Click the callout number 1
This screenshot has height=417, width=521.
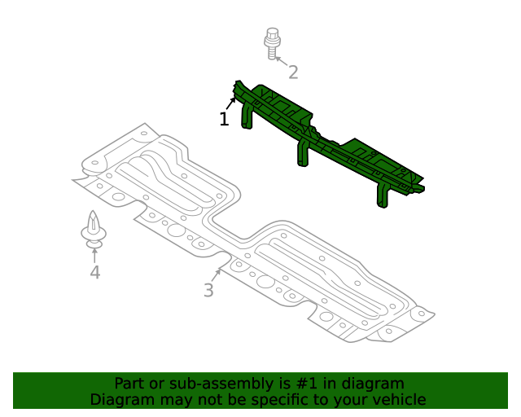tap(224, 120)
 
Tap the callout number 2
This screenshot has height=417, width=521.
tap(293, 72)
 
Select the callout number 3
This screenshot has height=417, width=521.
tap(208, 290)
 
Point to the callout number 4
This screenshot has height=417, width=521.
tap(95, 272)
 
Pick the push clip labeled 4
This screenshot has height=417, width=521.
tap(94, 230)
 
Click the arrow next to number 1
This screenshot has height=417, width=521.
tap(232, 103)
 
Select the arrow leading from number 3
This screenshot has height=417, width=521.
tap(216, 274)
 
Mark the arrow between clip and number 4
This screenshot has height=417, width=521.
tap(94, 254)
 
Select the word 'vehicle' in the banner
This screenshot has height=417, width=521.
tap(398, 400)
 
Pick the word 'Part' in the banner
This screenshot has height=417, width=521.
tap(129, 384)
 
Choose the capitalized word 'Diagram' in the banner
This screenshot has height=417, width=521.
tap(120, 400)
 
